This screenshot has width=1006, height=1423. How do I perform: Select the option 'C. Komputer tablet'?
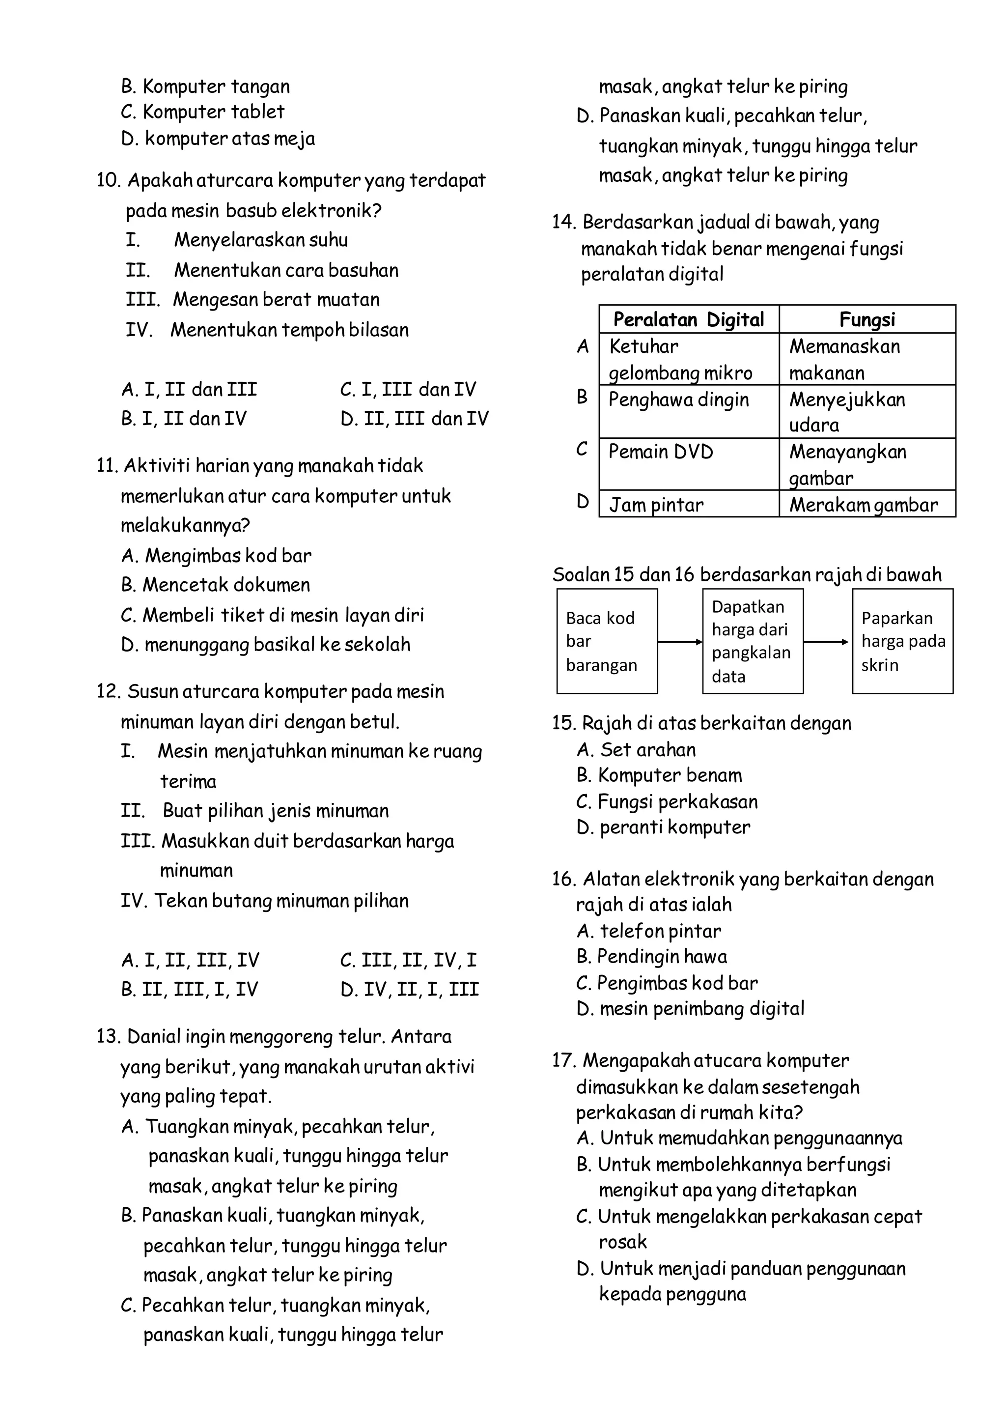coord(202,112)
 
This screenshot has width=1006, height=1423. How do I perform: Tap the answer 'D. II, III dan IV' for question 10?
coord(414,419)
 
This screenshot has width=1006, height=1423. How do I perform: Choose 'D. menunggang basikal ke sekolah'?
coord(266,645)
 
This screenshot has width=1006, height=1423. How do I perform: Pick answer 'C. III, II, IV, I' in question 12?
coord(408,961)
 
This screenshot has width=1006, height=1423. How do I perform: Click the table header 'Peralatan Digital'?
coord(688,320)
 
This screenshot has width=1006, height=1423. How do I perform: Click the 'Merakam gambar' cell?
coord(863,505)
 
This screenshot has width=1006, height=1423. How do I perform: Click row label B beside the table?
coord(582,398)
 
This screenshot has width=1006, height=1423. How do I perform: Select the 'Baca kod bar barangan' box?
coord(607,641)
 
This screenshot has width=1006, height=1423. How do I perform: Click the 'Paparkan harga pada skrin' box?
coord(902,641)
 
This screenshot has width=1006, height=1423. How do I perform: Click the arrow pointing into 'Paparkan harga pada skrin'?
coord(827,643)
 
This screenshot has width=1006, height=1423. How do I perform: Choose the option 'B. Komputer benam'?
coord(659,776)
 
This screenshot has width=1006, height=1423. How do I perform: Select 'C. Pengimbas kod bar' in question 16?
coord(667,984)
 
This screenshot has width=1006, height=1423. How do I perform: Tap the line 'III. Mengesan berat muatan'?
coord(253,300)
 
